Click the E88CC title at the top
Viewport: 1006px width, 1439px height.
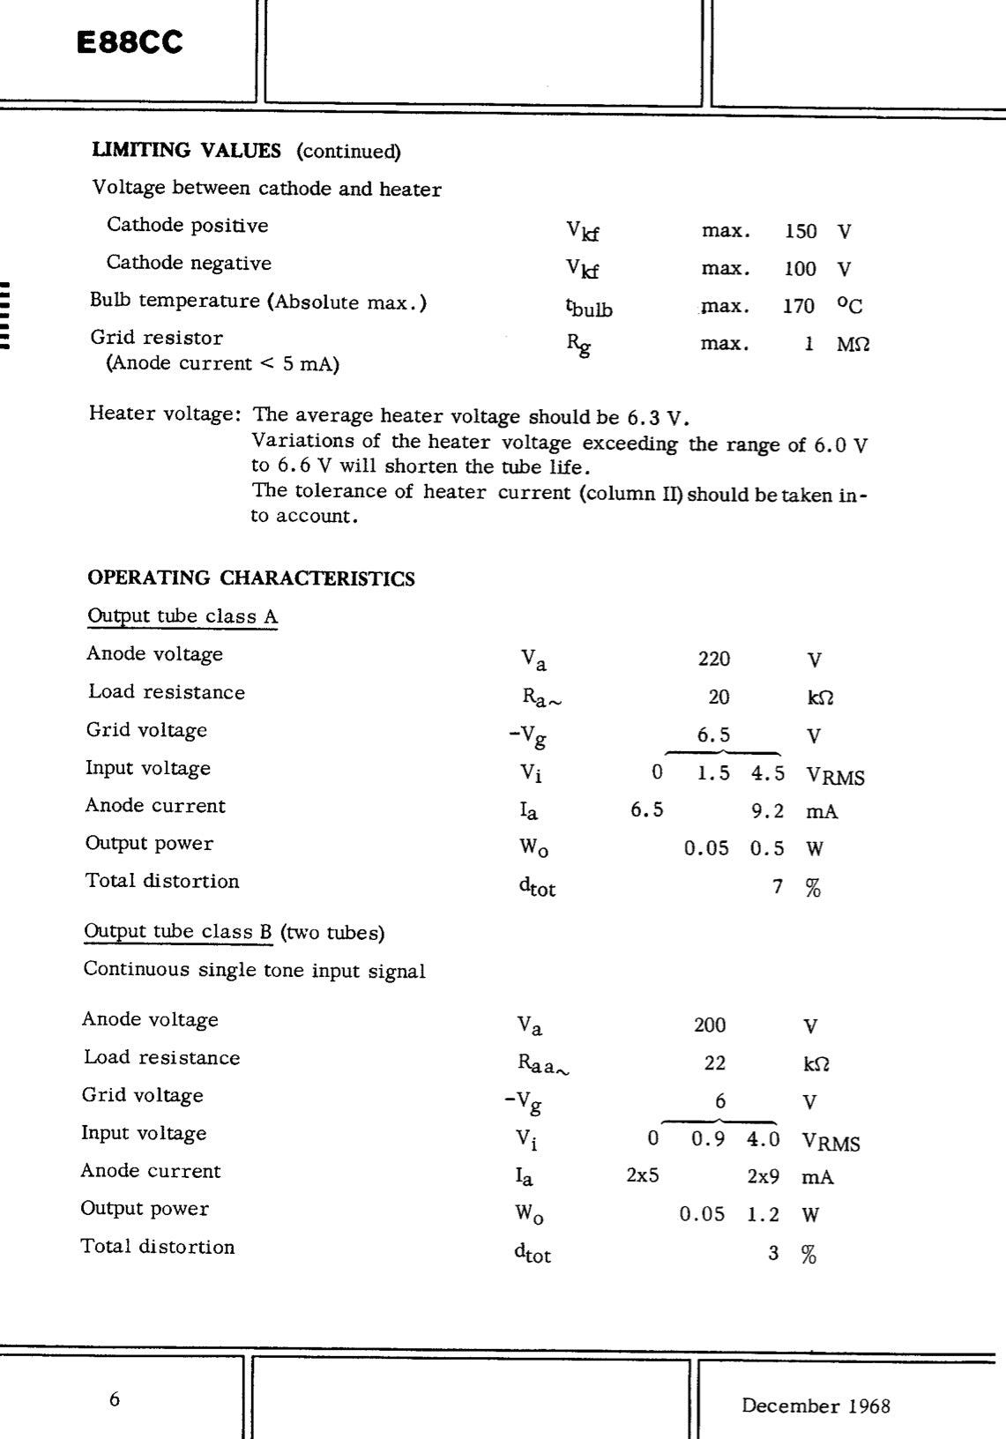pos(130,42)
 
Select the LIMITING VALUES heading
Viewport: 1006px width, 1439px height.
pos(187,151)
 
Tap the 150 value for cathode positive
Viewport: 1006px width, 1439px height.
pos(801,232)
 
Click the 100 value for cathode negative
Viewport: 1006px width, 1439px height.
pos(801,269)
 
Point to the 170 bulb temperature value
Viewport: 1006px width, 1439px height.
pos(799,306)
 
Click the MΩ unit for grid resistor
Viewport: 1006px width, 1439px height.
pos(853,344)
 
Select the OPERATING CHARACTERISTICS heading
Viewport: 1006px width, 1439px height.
pos(251,578)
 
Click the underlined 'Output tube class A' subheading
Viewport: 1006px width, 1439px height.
pos(183,616)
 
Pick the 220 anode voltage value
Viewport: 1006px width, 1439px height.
pos(714,659)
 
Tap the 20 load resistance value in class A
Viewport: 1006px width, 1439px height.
pos(719,697)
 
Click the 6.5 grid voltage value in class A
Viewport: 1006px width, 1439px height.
pos(714,734)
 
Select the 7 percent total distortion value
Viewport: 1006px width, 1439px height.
pos(778,886)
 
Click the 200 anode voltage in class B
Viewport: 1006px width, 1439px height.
pos(710,1025)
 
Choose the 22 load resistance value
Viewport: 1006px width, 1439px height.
pos(715,1062)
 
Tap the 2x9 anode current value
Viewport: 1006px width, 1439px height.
pos(764,1176)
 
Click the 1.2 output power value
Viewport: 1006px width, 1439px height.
pos(764,1214)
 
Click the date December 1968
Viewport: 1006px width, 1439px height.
pos(816,1405)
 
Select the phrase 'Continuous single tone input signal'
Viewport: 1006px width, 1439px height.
pos(254,970)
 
